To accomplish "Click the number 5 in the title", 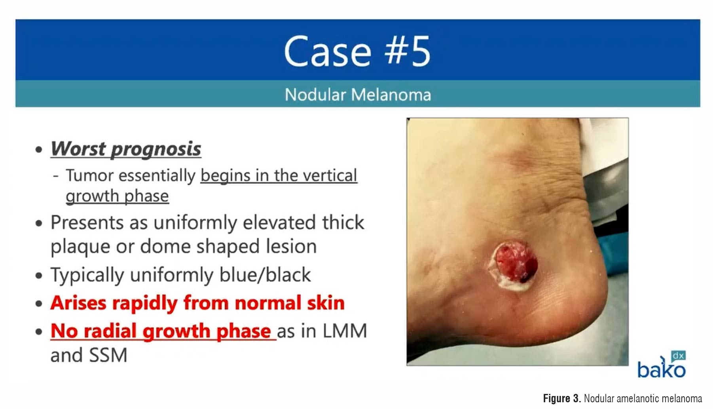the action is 419,51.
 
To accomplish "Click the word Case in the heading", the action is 328,51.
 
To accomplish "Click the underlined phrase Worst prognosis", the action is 126,149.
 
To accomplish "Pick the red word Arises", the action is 78,303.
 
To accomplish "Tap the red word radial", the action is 110,331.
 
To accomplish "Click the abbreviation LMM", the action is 345,331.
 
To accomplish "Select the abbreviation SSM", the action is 108,355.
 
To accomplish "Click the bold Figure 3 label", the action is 562,398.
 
